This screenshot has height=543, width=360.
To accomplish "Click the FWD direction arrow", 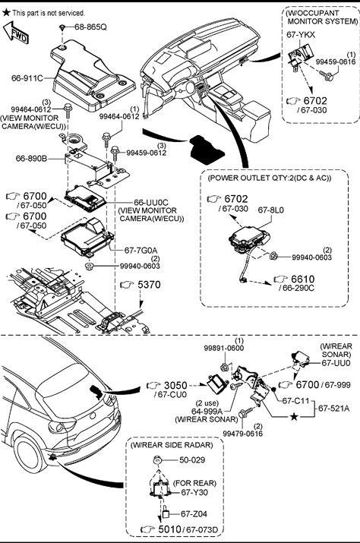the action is (16, 33).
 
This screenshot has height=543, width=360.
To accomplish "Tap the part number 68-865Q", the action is (90, 27).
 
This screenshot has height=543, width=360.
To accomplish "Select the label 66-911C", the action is (27, 78).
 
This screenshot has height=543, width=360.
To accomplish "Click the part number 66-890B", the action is (31, 159).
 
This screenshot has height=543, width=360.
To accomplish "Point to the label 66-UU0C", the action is (150, 202).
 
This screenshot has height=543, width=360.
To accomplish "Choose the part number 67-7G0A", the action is (141, 250).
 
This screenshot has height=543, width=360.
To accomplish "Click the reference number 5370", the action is (149, 285).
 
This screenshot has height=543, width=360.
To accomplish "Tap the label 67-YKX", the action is (301, 35).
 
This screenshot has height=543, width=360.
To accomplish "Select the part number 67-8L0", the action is (270, 210).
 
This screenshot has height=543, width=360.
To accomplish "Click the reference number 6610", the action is (303, 279).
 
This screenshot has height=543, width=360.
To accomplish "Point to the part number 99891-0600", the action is (224, 349).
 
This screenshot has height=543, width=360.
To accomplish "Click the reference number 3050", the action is (175, 386).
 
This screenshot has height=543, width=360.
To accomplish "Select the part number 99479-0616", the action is (242, 434).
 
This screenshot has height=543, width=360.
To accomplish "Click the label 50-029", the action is (192, 460).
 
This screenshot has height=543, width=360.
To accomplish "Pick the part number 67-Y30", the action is (194, 492).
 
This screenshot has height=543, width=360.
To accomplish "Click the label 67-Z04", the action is (194, 514).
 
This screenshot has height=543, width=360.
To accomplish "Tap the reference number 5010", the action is (170, 529).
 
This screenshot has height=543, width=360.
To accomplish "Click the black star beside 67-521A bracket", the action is (294, 417).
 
